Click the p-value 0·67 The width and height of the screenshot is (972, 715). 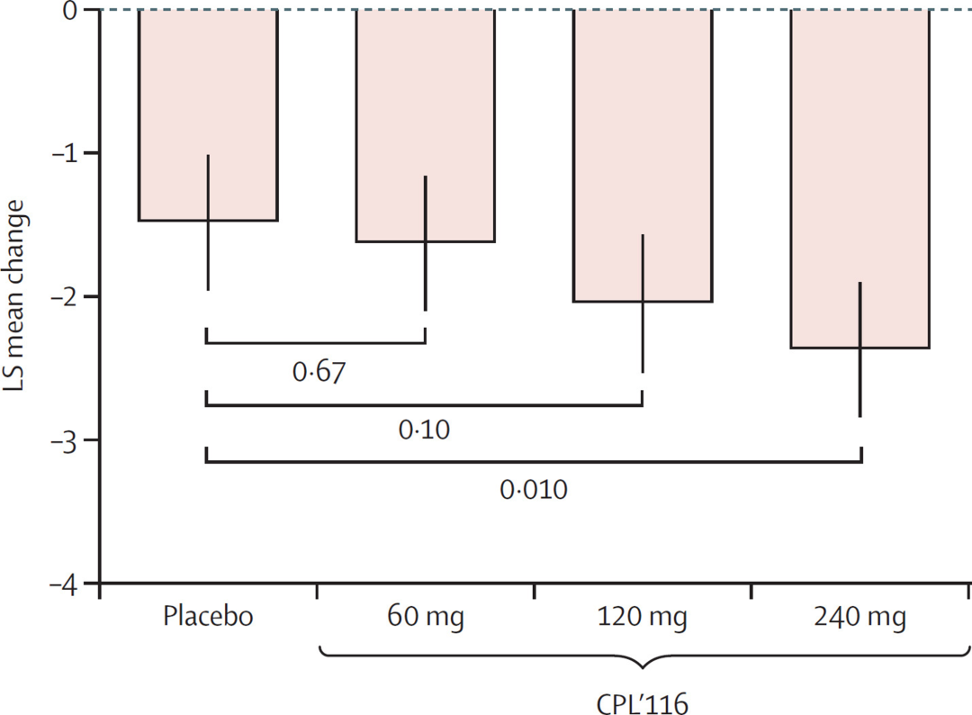[319, 372]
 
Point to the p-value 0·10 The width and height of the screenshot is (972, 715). [424, 430]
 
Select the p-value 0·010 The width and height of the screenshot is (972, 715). [534, 491]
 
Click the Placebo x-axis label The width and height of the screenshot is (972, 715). [208, 619]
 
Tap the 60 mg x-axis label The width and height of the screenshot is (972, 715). [425, 619]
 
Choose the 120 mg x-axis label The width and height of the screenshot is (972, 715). [643, 619]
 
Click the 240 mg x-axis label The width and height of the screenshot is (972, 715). [859, 619]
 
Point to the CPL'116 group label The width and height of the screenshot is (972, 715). [643, 698]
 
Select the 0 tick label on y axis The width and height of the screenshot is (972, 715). [69, 11]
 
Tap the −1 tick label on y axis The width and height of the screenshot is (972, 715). [65, 153]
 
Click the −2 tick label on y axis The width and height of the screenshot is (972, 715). [65, 296]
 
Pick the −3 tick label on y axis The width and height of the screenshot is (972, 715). [65, 439]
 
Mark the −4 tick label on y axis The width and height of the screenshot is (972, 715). [65, 583]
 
